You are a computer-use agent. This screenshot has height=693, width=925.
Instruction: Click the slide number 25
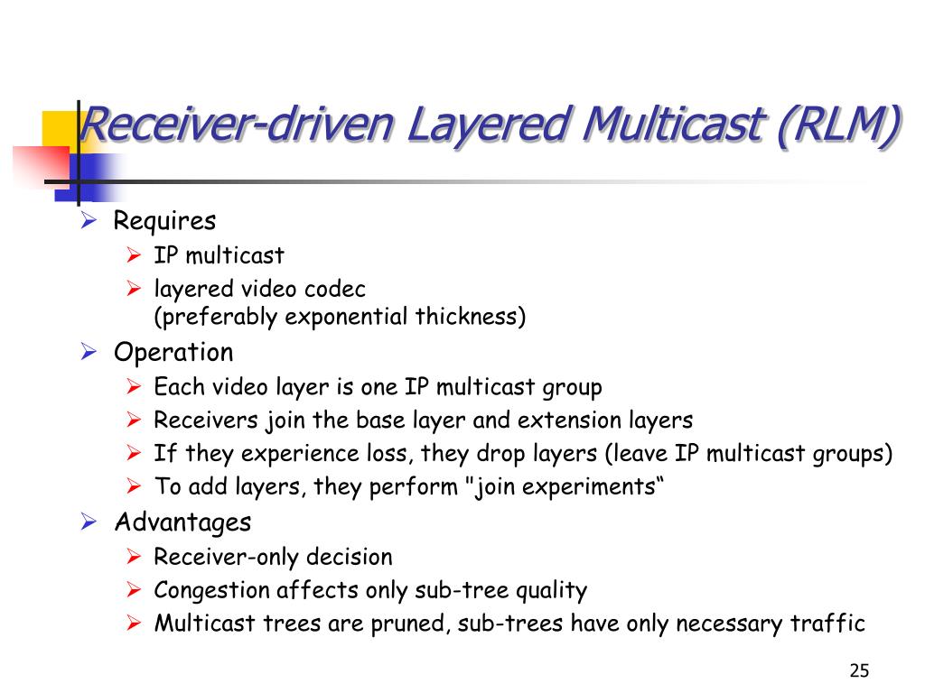pos(859,670)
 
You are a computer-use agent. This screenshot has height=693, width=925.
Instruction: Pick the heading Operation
pos(173,353)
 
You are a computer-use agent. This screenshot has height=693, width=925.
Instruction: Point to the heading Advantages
pos(182,522)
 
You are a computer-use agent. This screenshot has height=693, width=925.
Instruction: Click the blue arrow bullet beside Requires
pos(89,220)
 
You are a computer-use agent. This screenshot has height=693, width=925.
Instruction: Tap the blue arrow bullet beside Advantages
pos(89,522)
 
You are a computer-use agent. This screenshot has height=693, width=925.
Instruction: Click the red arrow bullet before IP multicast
pos(134,255)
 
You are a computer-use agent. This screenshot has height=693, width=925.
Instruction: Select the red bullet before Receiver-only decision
pos(134,556)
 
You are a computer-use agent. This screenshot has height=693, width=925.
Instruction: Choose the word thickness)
pos(470,317)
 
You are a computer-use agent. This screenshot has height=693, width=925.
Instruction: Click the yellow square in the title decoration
pos(59,130)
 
